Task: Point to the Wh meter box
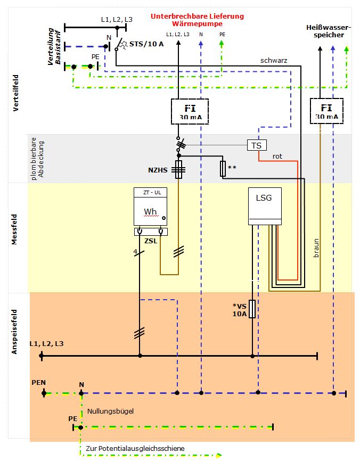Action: click(x=151, y=208)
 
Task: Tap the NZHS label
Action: click(x=158, y=171)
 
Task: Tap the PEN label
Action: click(x=38, y=382)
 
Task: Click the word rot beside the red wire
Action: click(x=277, y=157)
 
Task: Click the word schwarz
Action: click(x=274, y=61)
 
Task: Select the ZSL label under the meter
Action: click(x=151, y=241)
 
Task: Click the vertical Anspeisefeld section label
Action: click(x=15, y=332)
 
